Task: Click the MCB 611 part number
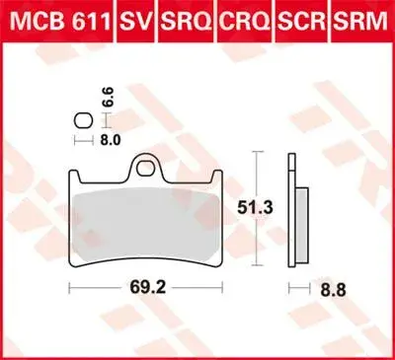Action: pos(60,21)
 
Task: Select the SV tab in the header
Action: pos(135,21)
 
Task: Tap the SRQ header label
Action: pos(186,21)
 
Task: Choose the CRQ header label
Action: pos(245,21)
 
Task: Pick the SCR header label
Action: pos(302,21)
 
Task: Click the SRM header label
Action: pos(360,21)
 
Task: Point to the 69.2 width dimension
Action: pos(148,288)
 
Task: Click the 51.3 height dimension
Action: pos(256,208)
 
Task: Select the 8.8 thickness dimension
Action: pos(333,290)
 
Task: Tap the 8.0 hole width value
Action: pos(111,140)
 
